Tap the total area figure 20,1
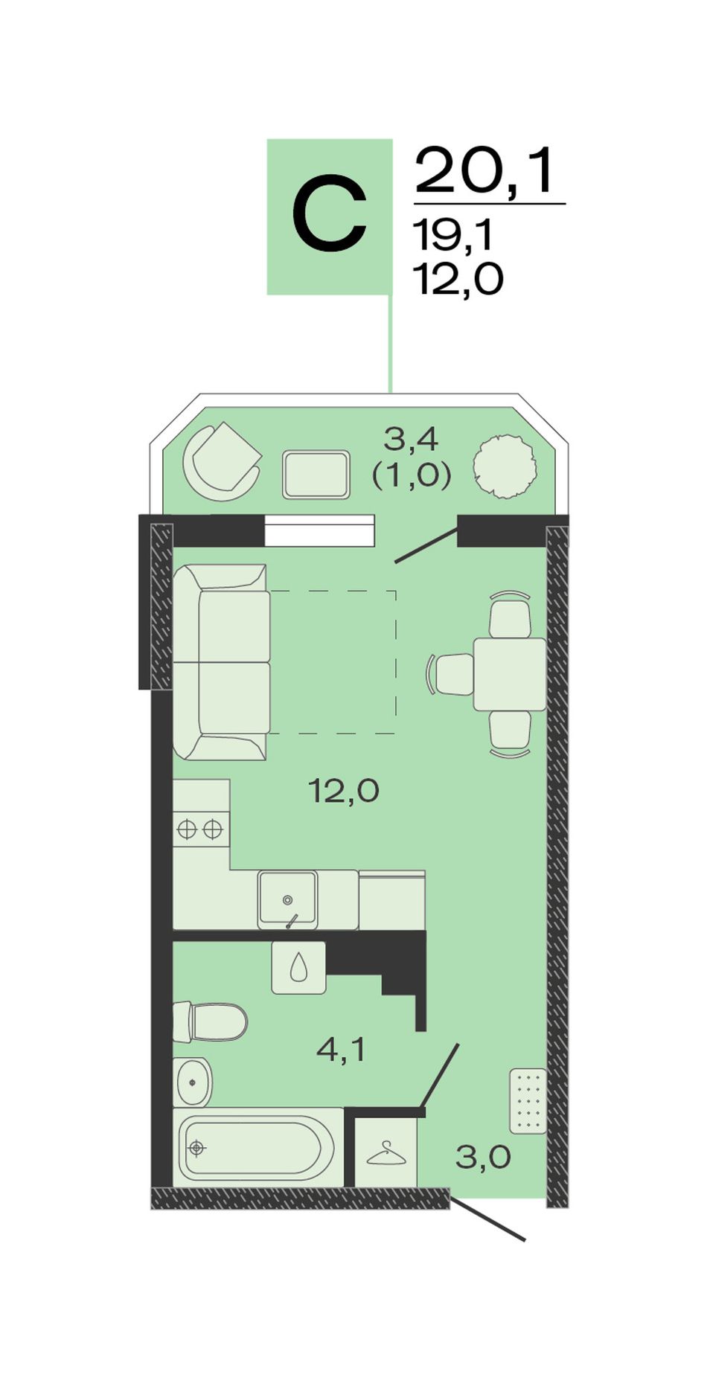click(485, 170)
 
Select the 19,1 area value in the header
click(453, 237)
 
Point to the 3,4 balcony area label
click(411, 440)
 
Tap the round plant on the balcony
click(505, 466)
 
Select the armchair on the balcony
click(222, 461)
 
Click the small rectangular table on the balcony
click(316, 475)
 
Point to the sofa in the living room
click(221, 661)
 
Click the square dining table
click(510, 674)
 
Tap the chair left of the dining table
click(451, 674)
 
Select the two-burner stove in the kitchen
click(201, 829)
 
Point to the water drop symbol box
click(298, 967)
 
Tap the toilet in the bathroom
click(210, 1022)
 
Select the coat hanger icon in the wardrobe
click(386, 1154)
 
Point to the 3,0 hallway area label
click(483, 1158)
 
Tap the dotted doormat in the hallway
click(528, 1101)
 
